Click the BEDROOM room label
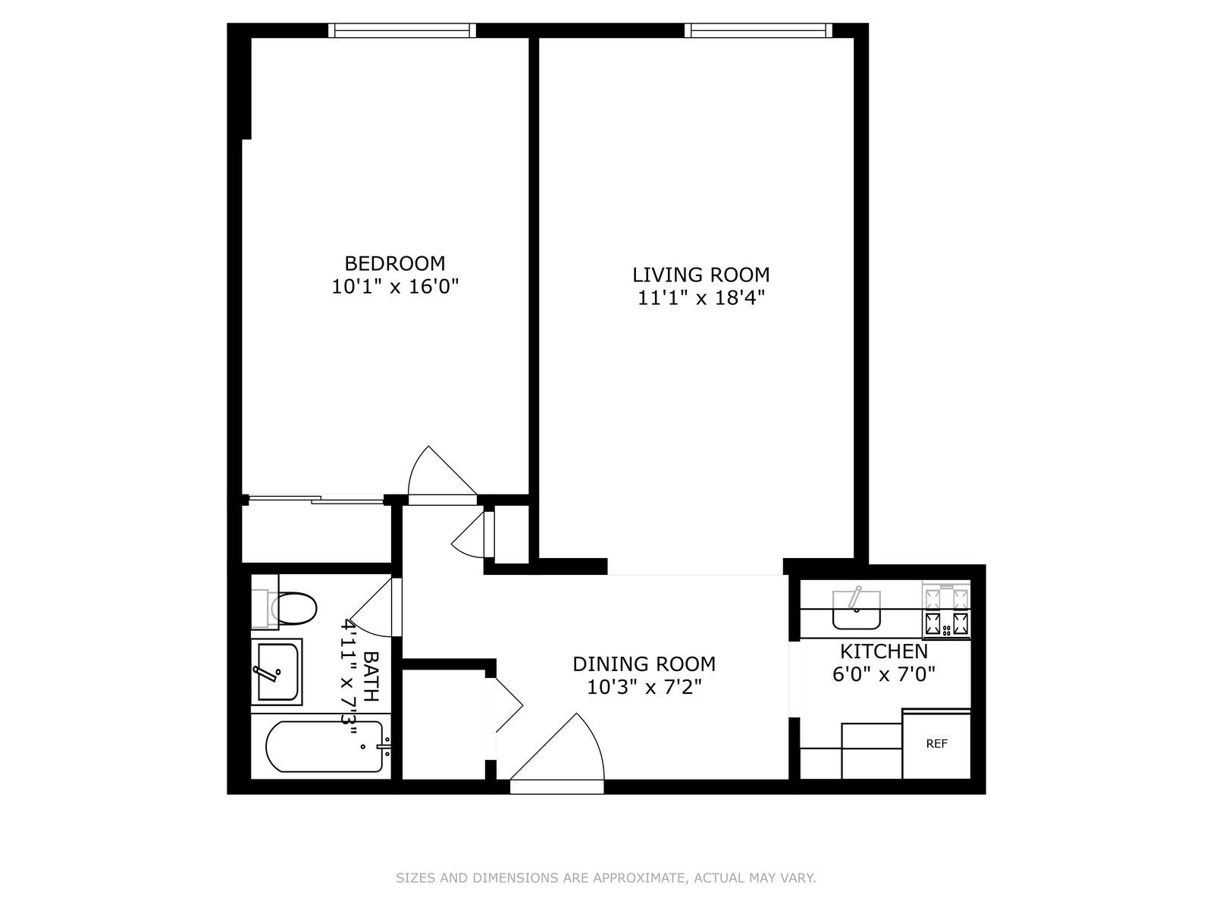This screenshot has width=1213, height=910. click(x=394, y=263)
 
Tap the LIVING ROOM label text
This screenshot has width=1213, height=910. click(x=701, y=275)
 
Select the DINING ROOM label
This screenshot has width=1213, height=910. click(x=644, y=664)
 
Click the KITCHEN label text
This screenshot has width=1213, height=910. click(x=884, y=651)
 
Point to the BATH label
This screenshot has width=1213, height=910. click(x=371, y=676)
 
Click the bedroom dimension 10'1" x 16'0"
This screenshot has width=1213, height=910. click(x=395, y=287)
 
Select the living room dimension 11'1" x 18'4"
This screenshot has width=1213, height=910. click(x=701, y=298)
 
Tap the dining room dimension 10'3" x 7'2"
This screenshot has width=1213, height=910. click(x=644, y=687)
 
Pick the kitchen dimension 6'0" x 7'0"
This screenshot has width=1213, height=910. click(x=884, y=675)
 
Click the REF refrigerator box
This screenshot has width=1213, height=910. click(x=936, y=744)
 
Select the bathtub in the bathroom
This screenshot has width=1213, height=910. click(x=325, y=747)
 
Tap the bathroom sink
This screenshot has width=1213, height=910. click(x=277, y=672)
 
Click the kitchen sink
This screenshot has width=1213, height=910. click(x=856, y=610)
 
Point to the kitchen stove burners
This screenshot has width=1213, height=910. click(x=946, y=610)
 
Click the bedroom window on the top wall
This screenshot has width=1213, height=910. click(x=402, y=30)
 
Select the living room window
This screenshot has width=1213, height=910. click(x=758, y=30)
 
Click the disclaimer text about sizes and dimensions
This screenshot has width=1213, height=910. click(x=606, y=877)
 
